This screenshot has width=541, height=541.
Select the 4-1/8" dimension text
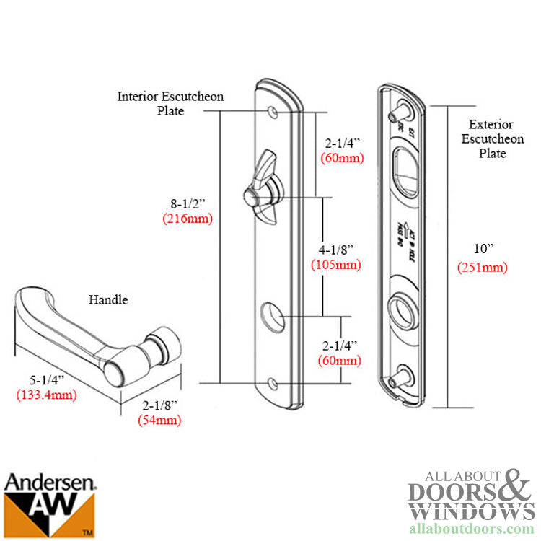pos(336,250)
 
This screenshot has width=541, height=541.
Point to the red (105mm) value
pos(336,264)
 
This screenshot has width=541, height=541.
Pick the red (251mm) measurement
pos(483,268)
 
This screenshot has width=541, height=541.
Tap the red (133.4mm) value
pos(46,395)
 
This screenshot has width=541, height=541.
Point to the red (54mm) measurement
pos(159,421)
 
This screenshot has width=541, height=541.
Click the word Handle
pos(108,299)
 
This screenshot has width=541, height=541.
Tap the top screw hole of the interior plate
pos(274,113)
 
